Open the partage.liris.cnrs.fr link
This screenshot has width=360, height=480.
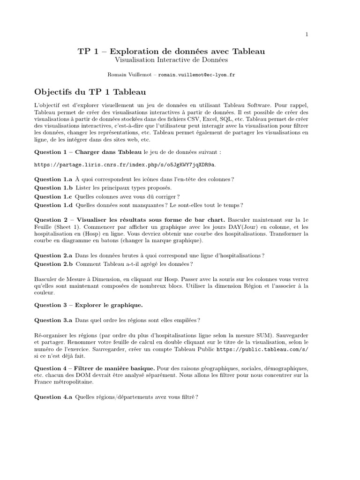126,165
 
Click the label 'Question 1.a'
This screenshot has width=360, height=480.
54,180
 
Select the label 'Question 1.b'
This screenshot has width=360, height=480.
54,188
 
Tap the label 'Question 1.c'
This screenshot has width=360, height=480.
54,196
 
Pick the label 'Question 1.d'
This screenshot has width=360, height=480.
54,205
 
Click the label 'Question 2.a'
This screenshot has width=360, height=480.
54,255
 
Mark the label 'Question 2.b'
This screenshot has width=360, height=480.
54,264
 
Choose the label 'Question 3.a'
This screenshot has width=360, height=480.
54,320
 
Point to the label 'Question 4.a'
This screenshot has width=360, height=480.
54,397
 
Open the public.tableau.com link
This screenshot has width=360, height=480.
262,350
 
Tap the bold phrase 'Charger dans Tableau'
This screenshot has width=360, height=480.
108,152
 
